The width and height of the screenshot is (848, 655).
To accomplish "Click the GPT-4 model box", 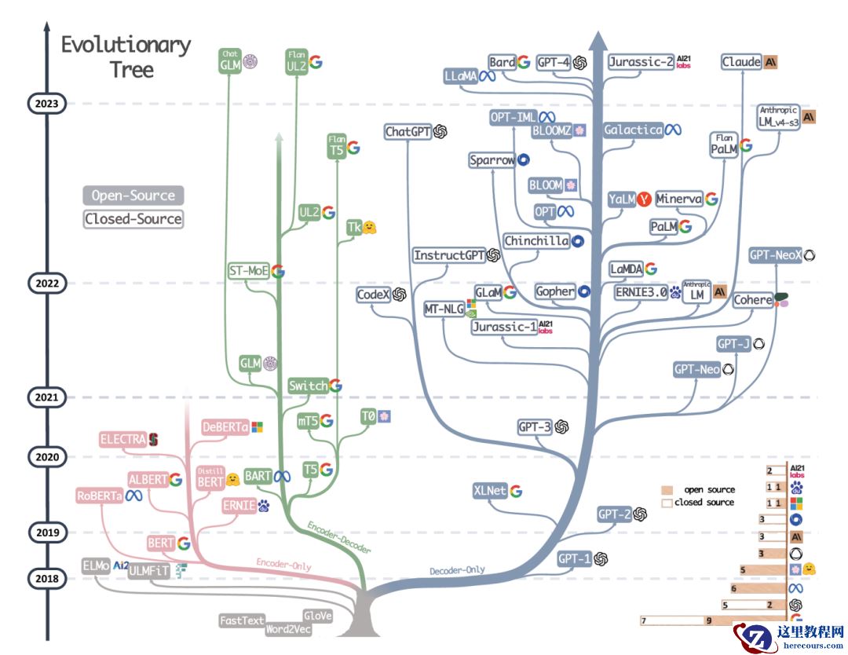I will point(554,64).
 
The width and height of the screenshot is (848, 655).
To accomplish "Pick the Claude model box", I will point(741,61).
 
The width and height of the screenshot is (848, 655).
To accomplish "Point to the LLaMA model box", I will point(461,76).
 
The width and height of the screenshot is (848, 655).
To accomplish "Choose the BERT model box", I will point(160,543).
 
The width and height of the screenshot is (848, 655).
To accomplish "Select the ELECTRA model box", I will point(123,440).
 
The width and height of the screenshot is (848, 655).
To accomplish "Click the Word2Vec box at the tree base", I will point(288,629).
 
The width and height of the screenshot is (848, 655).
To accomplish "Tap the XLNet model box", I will point(490,491).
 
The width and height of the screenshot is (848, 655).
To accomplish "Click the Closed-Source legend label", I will point(133,219).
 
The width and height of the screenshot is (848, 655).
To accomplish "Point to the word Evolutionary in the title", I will point(126,45).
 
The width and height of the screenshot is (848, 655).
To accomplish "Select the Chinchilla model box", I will point(535,241).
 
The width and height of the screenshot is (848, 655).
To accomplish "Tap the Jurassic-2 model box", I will point(641,62).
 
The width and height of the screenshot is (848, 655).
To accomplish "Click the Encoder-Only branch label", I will point(283,563).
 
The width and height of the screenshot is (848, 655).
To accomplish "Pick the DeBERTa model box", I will point(225,426).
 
